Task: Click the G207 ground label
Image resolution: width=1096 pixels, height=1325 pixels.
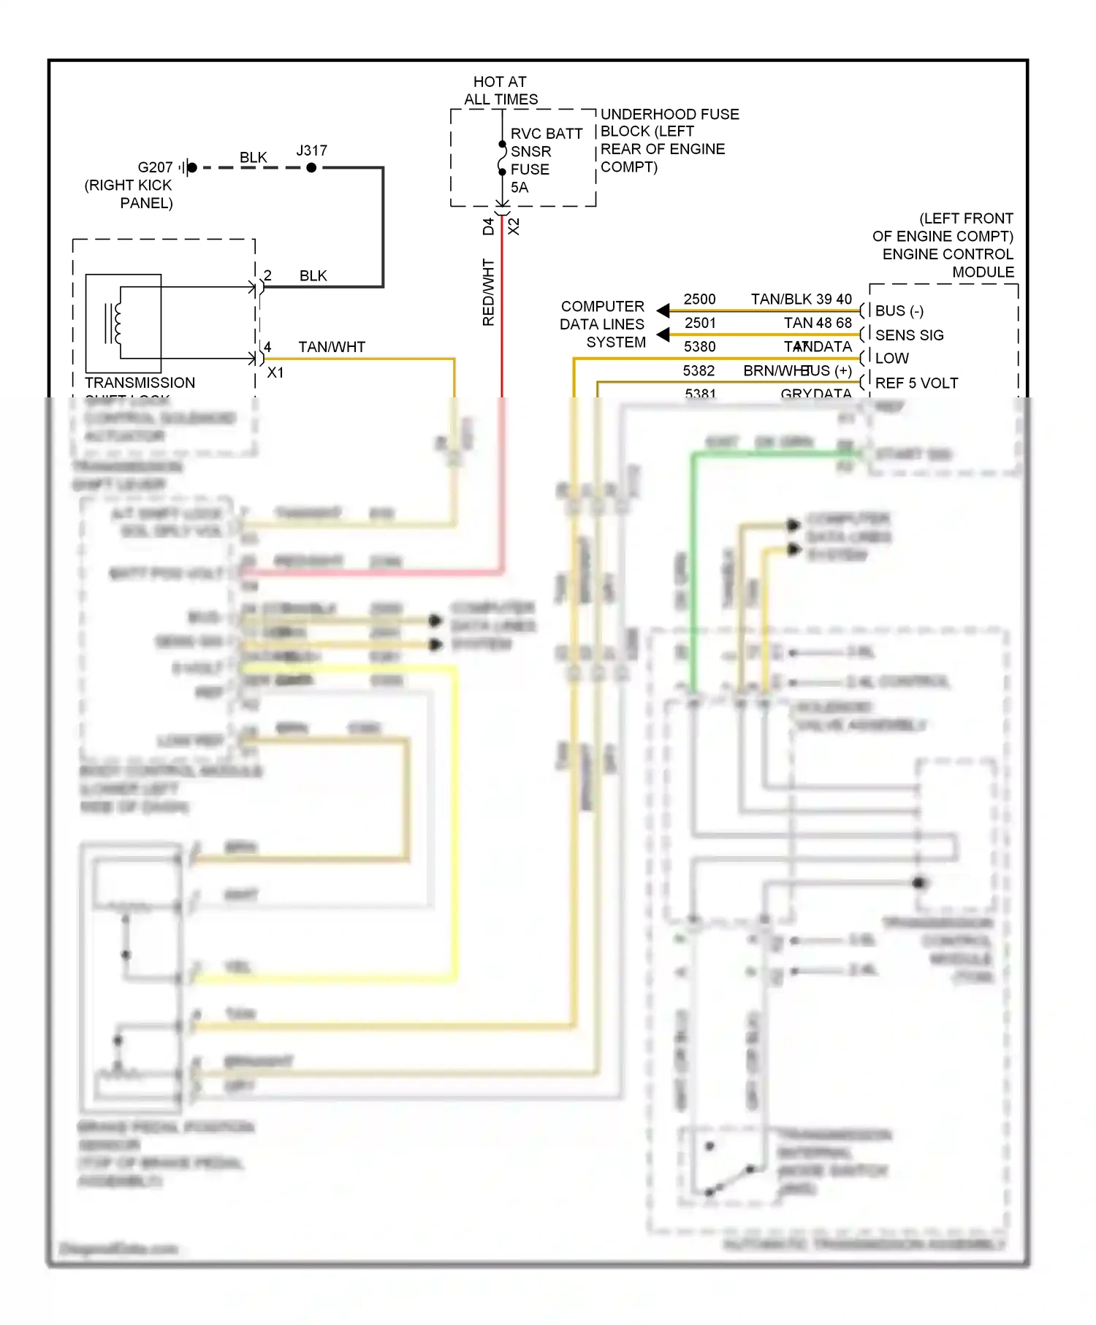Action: [155, 167]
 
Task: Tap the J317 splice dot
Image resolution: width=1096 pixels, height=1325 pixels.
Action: [311, 167]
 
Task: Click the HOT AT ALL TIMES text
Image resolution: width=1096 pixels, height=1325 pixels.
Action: [501, 91]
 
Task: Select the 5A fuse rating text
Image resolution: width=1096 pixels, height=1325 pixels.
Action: [519, 187]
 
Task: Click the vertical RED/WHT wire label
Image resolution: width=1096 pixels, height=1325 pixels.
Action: [488, 292]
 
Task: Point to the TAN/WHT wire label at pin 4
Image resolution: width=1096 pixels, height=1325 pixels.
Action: [331, 347]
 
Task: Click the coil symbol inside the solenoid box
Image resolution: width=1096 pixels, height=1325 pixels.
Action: [117, 323]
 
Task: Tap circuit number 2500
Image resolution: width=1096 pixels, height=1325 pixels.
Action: [699, 299]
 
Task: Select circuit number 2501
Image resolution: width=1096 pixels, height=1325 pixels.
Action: [699, 323]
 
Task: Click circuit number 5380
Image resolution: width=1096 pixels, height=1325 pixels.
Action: [699, 347]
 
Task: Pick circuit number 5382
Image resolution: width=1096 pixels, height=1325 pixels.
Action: [699, 371]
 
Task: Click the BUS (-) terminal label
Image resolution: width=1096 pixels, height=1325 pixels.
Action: [899, 311]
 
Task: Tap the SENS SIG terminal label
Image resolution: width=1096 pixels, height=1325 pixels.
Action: [909, 335]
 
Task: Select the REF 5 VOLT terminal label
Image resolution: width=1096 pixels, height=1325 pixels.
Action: [916, 383]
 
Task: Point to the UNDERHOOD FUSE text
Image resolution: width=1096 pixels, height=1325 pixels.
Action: [669, 114]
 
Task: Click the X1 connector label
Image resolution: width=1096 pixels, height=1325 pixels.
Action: [275, 373]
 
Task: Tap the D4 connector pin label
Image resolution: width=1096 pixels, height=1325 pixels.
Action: [488, 226]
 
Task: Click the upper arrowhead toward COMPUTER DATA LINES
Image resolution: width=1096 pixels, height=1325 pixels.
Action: [663, 310]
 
